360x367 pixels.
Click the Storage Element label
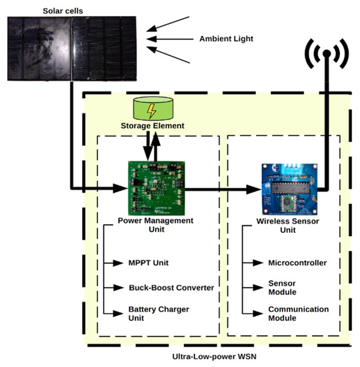point(152,125)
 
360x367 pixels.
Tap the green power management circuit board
point(155,188)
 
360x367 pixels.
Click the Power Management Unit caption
point(155,225)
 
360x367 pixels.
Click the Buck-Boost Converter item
point(171,288)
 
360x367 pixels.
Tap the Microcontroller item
point(297,262)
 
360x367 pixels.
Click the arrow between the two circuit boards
point(221,189)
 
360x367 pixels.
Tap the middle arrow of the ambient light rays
point(163,39)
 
